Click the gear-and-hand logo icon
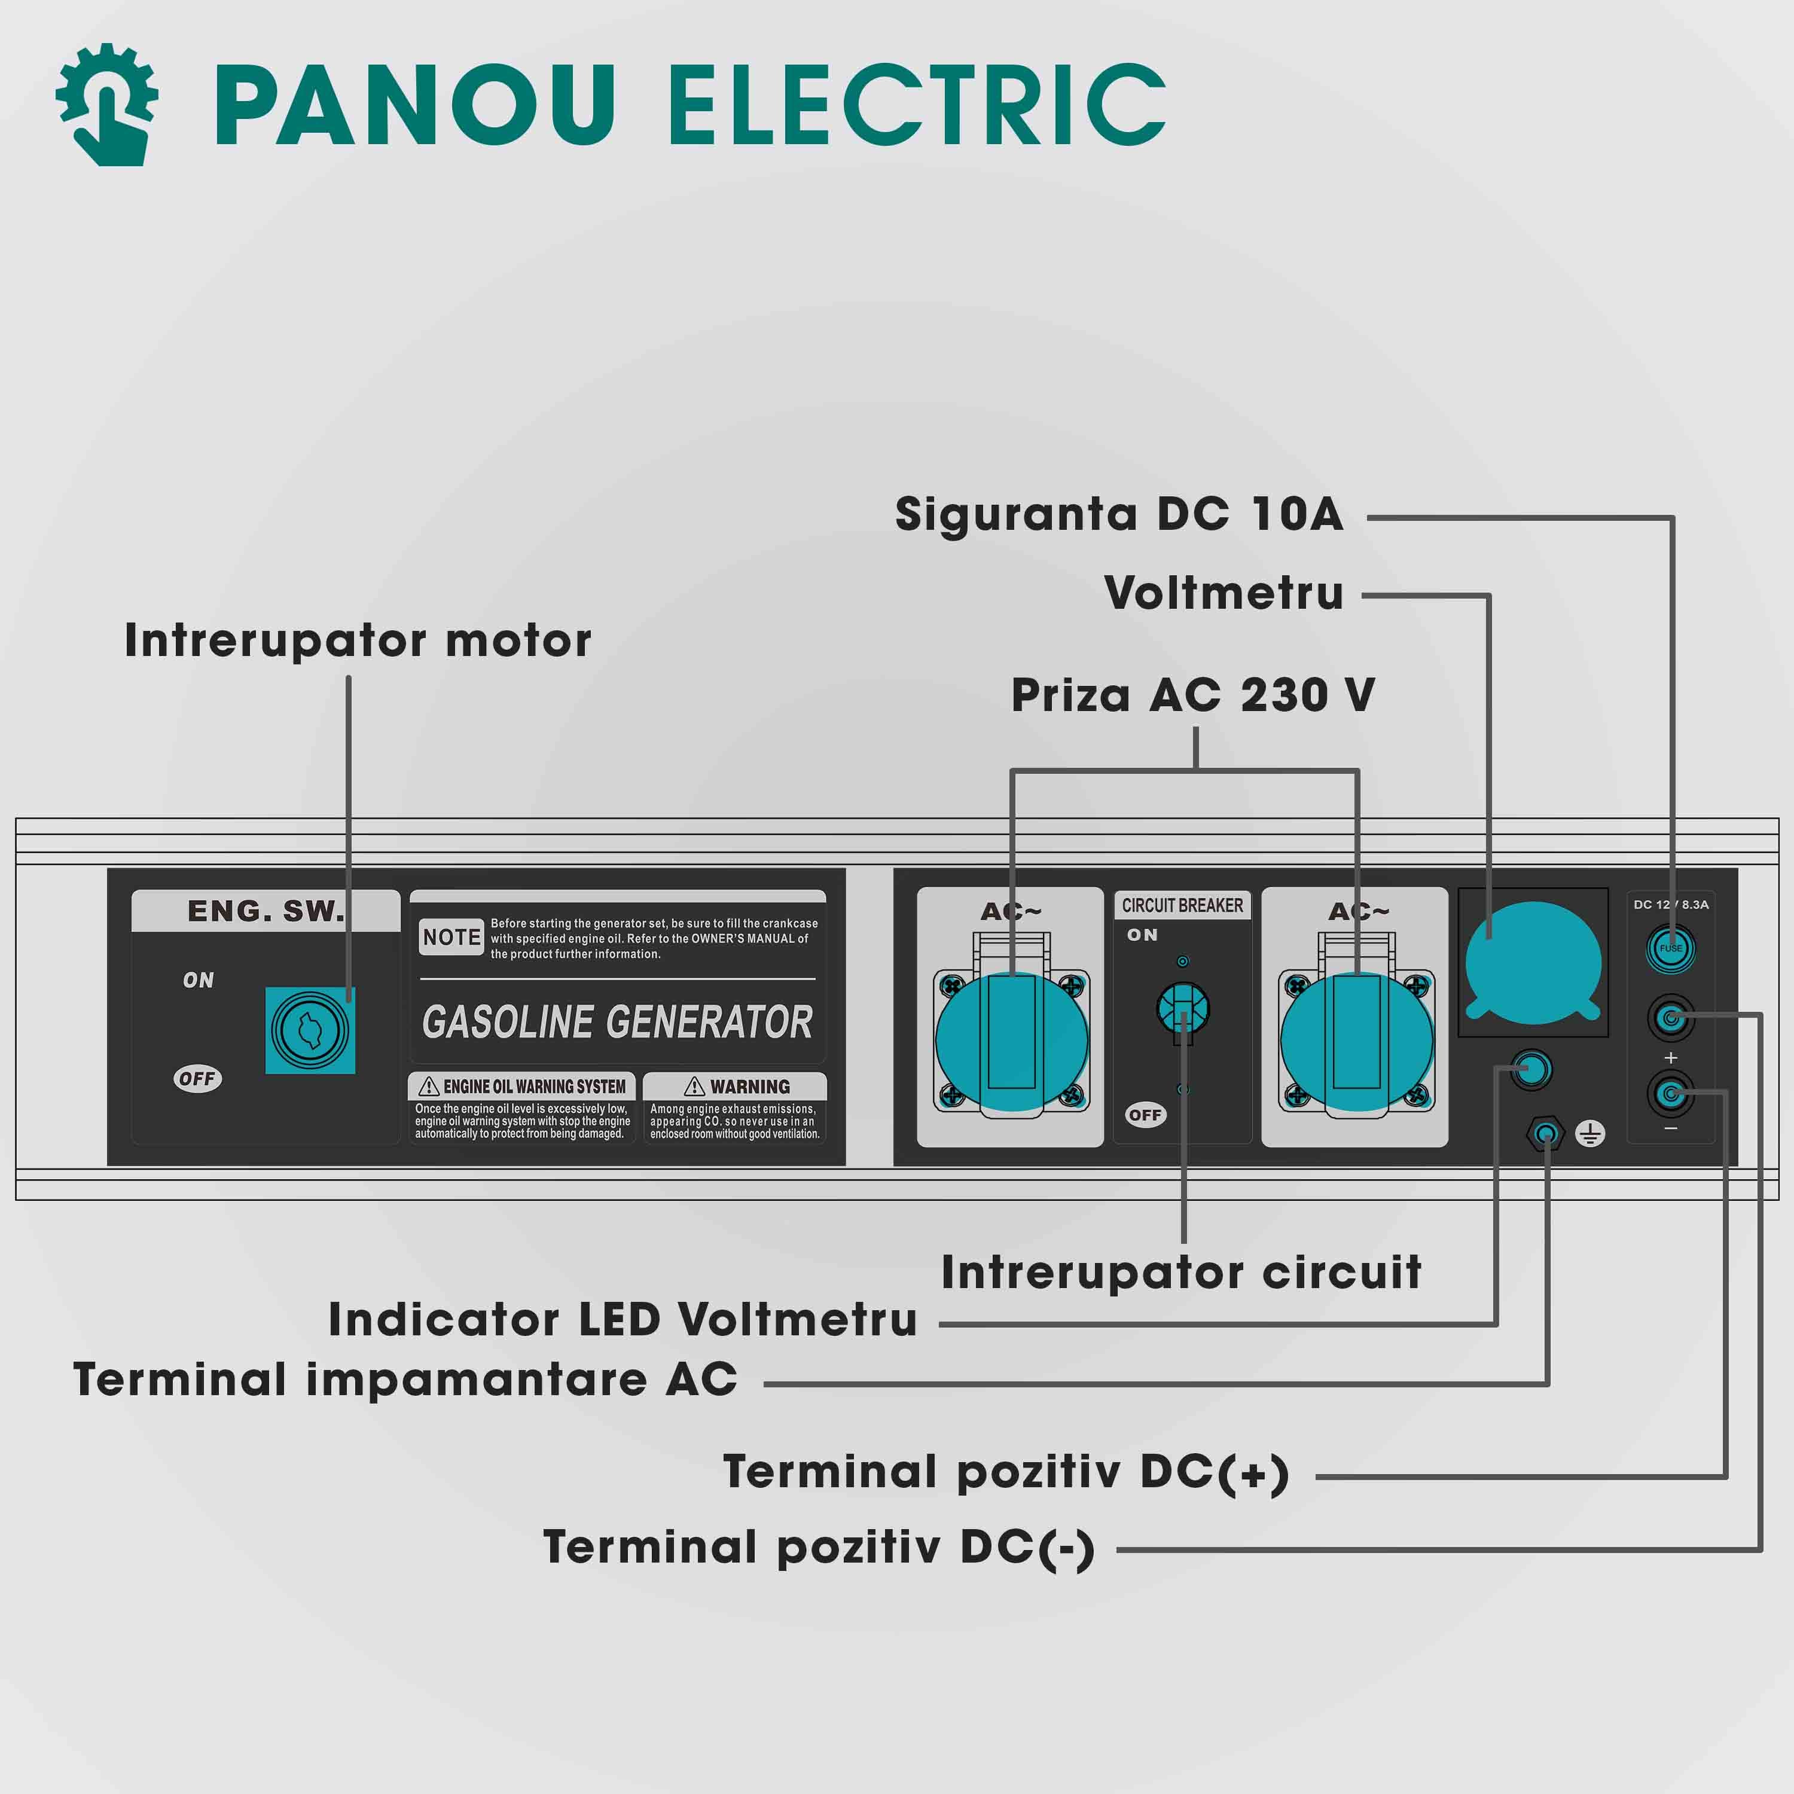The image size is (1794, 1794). (x=107, y=104)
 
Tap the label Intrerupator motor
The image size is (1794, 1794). (x=358, y=640)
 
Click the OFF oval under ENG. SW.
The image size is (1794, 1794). (x=197, y=1078)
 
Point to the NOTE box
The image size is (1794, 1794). (x=451, y=937)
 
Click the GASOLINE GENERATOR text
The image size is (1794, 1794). (x=617, y=1023)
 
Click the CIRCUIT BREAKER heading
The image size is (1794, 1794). (x=1182, y=905)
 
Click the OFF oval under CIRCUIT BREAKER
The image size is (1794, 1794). (x=1145, y=1115)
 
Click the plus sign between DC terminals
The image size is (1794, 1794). (x=1670, y=1058)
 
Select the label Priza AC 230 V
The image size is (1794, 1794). (x=1193, y=695)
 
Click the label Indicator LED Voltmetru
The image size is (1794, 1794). (x=623, y=1320)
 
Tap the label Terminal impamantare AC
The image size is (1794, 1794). (x=406, y=1380)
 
